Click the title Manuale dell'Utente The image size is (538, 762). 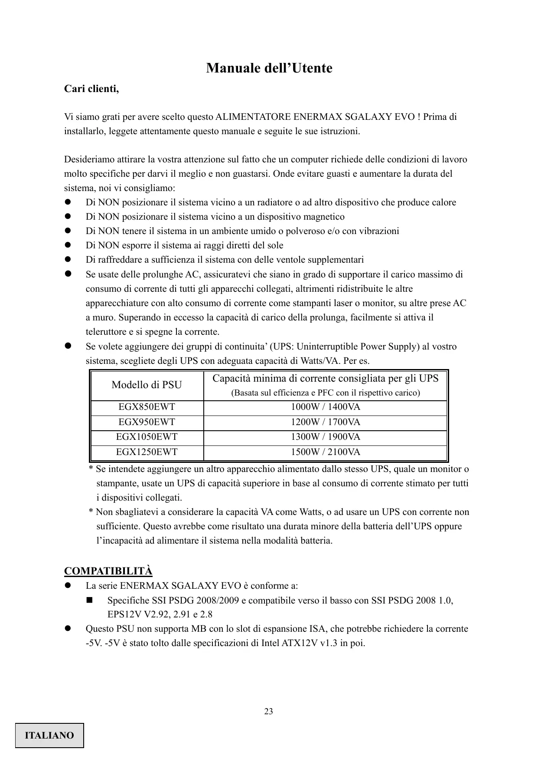tap(269, 68)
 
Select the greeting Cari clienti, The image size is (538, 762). tap(91, 89)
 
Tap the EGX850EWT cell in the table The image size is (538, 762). tap(147, 407)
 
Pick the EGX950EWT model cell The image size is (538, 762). tap(147, 422)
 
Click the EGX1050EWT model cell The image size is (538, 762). tap(147, 437)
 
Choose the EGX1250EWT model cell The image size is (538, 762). tap(147, 452)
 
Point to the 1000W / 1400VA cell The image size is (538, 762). tap(325, 407)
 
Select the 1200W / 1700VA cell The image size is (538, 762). tap(325, 422)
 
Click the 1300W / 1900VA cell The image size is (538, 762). tap(325, 437)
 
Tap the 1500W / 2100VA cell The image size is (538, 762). tap(325, 452)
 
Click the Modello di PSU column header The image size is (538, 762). tap(147, 385)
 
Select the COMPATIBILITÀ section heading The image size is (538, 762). tap(108, 571)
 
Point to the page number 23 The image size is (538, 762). tap(269, 712)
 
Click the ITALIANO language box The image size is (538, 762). tap(49, 736)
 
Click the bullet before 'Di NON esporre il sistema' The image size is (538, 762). tap(68, 246)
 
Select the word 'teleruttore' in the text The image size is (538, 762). tap(107, 332)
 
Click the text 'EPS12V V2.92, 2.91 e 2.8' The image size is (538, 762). tap(160, 614)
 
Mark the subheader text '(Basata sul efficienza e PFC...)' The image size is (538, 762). tap(325, 393)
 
